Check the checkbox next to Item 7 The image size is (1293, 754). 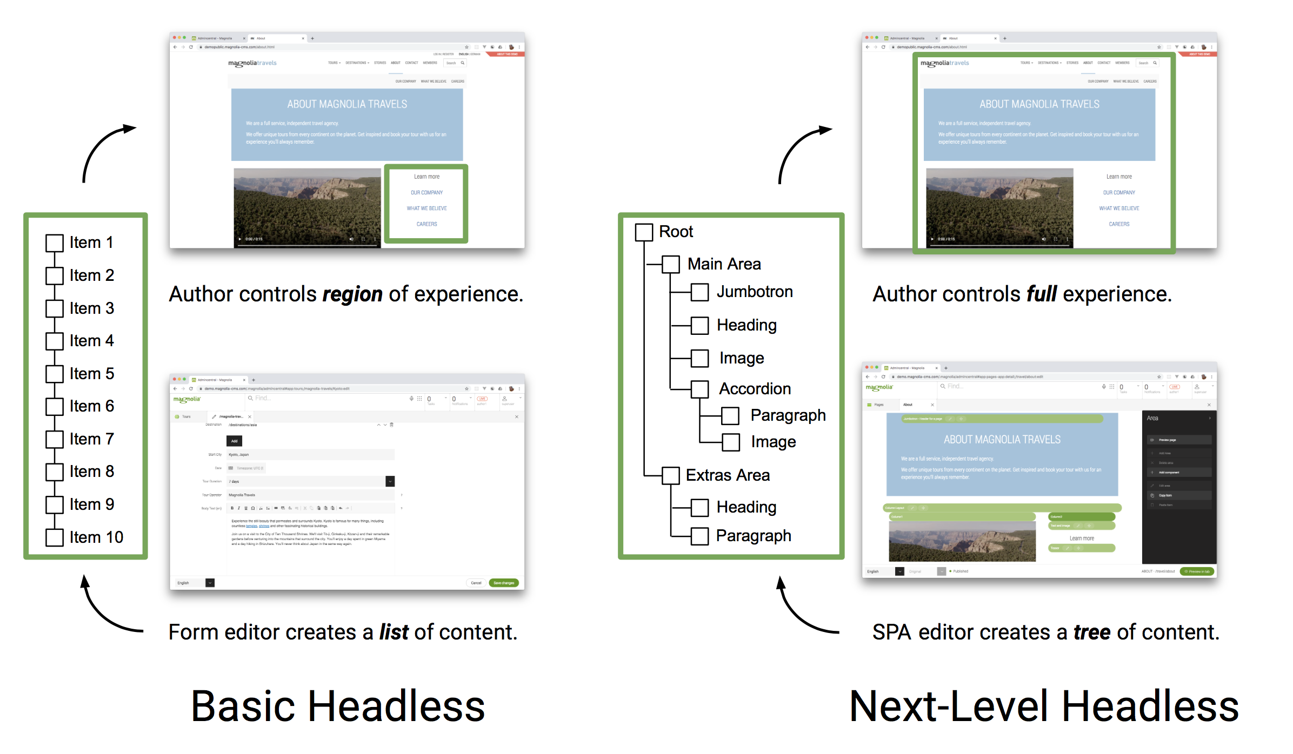coord(55,439)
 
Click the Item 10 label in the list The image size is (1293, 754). coord(96,537)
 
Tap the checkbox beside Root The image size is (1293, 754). coord(643,232)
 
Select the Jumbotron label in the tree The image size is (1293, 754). coord(755,292)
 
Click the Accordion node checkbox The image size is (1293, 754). coord(699,389)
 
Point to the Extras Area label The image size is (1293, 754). coord(728,475)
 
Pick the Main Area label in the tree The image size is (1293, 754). coord(724,264)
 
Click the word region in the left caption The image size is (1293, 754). coord(352,294)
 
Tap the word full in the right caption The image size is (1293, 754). coord(1041,294)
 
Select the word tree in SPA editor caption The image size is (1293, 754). coord(1091,632)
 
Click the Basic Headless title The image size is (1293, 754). coord(338,706)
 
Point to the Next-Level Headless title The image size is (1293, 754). coord(1043,706)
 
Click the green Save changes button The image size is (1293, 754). coord(503,583)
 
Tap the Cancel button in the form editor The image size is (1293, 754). coord(476,583)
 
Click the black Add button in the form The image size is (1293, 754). coord(234,441)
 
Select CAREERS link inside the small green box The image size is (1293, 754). coord(426,224)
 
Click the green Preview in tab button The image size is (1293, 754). coord(1197,571)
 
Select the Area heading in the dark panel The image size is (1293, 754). coord(1152,418)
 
